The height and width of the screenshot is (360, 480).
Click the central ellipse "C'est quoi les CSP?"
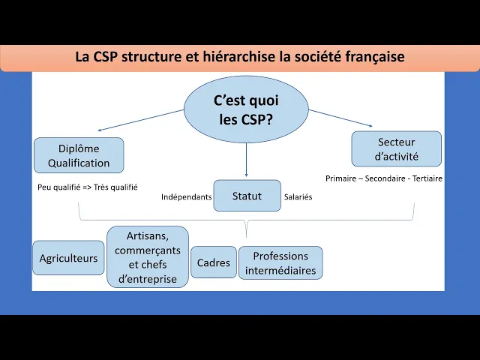(x=246, y=109)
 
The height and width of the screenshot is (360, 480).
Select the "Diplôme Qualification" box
(x=79, y=155)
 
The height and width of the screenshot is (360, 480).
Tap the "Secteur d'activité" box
(x=396, y=149)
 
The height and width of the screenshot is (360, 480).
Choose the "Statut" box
(x=247, y=196)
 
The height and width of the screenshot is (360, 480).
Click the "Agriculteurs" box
(x=68, y=258)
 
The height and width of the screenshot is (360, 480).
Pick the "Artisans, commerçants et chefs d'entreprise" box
(x=148, y=257)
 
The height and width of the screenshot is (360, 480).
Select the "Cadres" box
(x=213, y=262)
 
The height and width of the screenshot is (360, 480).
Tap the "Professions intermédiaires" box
(x=280, y=262)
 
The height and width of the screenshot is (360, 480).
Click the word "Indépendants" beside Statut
(x=186, y=197)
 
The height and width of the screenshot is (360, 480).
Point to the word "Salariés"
(x=298, y=197)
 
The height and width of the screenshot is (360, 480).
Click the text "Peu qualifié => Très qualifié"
(x=87, y=187)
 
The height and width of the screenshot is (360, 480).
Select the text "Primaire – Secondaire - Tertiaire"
(x=384, y=178)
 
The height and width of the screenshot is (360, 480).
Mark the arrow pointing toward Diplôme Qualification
(x=140, y=120)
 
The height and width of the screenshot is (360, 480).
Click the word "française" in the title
(x=376, y=56)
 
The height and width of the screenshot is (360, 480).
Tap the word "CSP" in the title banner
(x=105, y=56)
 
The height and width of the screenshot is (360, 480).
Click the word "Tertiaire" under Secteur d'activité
(x=424, y=178)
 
